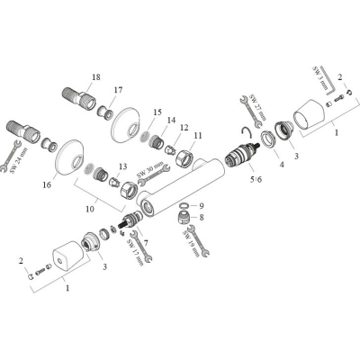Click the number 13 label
coord(122,166)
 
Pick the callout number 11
coord(198,135)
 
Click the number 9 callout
coord(202,206)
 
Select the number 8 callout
coord(202,217)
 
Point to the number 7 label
coord(145,242)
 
